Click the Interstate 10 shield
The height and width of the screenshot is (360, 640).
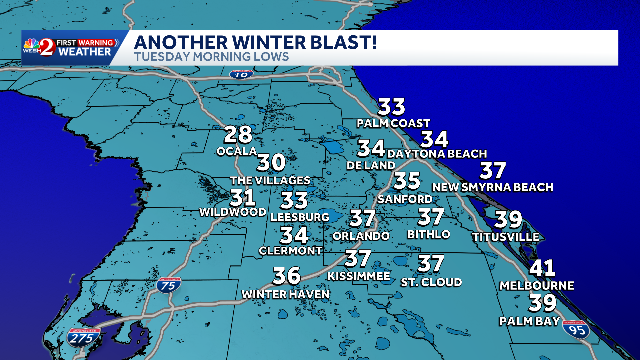241,75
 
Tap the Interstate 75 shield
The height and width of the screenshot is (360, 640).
169,285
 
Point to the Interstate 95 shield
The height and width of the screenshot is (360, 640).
576,329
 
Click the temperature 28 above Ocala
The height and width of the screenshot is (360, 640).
238,135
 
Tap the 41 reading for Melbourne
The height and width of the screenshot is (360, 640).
542,268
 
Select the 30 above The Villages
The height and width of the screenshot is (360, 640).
271,163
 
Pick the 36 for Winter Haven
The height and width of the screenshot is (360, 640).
286,276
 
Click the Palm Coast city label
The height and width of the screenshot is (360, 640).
393,124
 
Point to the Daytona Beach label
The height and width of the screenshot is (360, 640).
437,154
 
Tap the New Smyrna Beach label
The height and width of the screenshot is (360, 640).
493,188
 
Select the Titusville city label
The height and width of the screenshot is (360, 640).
506,237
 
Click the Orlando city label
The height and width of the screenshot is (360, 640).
361,236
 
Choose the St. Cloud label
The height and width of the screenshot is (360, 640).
431,283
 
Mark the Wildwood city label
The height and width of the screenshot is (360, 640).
233,212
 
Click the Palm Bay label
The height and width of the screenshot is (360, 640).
529,321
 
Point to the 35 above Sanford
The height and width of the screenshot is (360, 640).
407,181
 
